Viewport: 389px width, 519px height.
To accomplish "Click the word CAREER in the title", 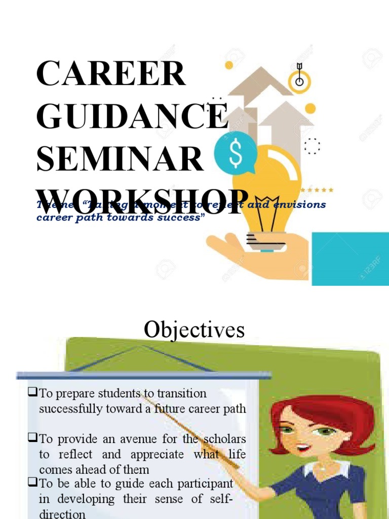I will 111,73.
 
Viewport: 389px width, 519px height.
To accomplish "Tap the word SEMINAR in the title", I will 120,158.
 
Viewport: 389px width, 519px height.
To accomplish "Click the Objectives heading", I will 194,330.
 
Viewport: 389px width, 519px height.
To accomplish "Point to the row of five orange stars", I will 317,190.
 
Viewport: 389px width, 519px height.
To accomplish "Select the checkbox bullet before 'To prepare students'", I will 33,392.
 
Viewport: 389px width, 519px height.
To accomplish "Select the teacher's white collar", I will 324,469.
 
